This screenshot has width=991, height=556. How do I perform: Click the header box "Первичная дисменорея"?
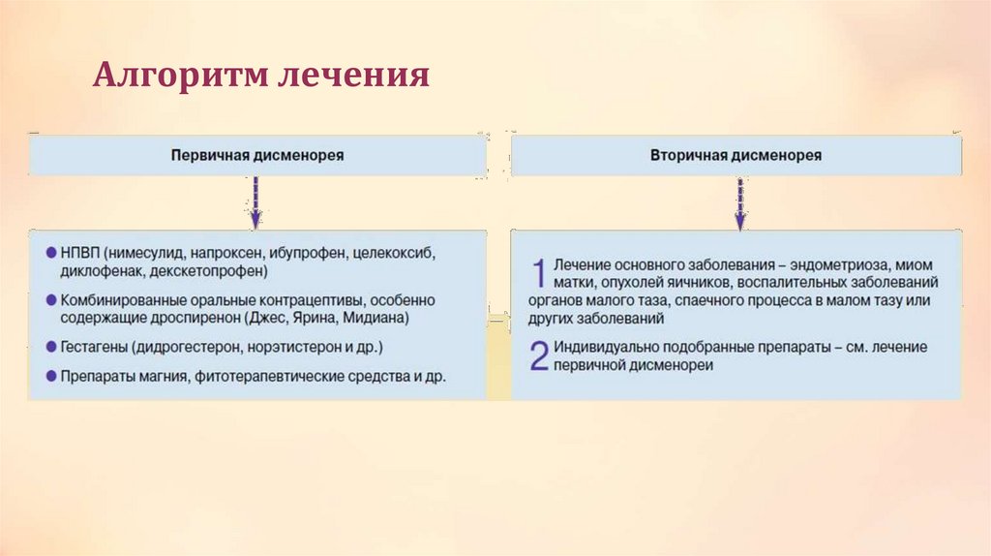point(257,155)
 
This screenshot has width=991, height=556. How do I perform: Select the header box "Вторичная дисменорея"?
point(737,155)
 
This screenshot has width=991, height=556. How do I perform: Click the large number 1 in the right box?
point(540,273)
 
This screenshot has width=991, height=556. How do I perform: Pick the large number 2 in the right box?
point(540,356)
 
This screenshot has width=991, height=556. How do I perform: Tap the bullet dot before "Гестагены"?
point(50,346)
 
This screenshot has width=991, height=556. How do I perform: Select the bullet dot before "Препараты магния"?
point(50,375)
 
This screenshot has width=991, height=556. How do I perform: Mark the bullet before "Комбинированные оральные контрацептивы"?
point(50,299)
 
